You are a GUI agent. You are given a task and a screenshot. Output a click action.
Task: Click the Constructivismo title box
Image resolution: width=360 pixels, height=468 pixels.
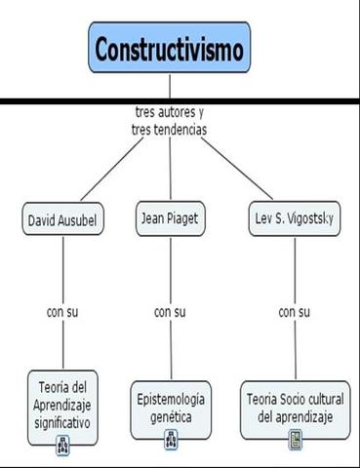tap(170, 47)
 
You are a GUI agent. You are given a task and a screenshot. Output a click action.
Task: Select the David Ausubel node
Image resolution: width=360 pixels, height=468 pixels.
tap(63, 220)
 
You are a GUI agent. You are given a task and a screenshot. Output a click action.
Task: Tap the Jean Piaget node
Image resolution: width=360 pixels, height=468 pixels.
tap(170, 218)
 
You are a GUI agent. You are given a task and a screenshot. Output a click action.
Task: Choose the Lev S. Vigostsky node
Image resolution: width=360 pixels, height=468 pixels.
tap(292, 219)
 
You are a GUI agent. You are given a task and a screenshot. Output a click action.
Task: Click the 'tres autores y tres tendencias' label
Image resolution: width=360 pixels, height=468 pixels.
tap(170, 121)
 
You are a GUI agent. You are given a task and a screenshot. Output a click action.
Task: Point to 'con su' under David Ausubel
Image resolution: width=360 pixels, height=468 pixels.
tap(62, 312)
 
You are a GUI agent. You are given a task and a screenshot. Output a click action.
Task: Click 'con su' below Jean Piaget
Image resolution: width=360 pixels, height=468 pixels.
tap(170, 312)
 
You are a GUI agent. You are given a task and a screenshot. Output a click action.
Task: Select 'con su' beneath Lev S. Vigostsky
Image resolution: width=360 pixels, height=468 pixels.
tap(294, 312)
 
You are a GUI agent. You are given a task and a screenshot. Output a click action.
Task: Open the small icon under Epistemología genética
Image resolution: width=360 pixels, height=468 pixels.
tap(171, 439)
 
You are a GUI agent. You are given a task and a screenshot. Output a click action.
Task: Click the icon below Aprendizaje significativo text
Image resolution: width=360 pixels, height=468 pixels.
tap(62, 444)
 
